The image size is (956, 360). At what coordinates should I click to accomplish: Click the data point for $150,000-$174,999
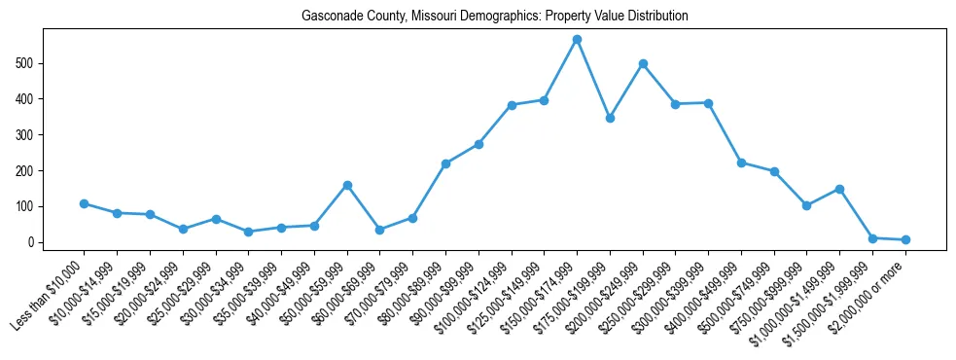coord(577,39)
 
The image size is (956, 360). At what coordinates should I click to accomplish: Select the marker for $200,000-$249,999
coord(643,63)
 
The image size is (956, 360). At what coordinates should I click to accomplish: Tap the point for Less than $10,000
coord(85,203)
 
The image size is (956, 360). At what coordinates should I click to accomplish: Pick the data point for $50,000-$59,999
coord(347,185)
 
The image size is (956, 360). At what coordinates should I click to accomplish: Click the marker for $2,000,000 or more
coord(905,239)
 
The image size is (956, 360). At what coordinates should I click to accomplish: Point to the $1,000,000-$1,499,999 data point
coord(839,189)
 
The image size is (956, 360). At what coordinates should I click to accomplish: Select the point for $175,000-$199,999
coord(610,118)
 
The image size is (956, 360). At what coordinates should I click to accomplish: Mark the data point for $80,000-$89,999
coord(445,163)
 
